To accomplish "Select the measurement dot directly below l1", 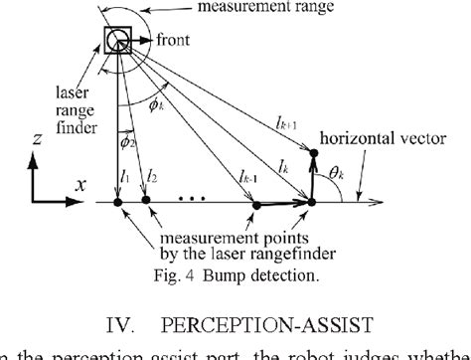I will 118,203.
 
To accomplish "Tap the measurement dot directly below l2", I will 146,203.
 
